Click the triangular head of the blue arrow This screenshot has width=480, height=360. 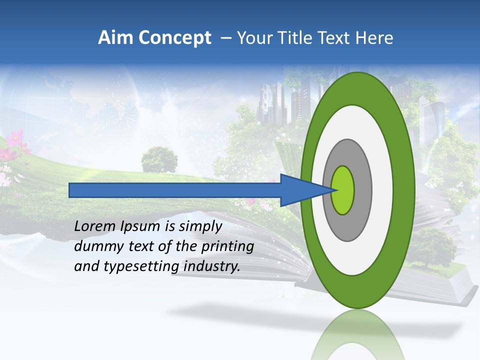[x=300, y=190]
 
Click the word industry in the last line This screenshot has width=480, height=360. [x=211, y=267]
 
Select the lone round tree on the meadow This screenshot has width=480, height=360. [x=159, y=159]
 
